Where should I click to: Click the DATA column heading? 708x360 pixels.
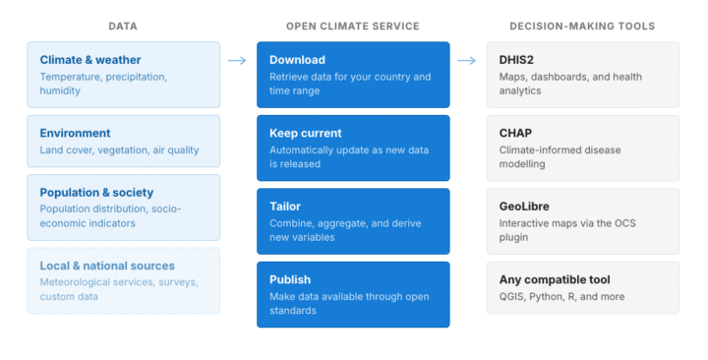[x=123, y=27]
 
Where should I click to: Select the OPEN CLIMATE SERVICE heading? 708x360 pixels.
[x=353, y=27]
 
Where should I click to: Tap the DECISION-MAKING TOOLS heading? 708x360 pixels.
[x=582, y=27]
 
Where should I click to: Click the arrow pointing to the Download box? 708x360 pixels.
[x=237, y=61]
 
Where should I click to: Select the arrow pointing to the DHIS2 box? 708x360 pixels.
[x=466, y=61]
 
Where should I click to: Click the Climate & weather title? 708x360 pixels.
[x=90, y=60]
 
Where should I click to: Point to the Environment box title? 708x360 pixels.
[x=75, y=133]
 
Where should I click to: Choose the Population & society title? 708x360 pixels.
[x=96, y=193]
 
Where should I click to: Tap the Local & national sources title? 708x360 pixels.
[x=107, y=266]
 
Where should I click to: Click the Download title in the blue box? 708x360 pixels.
[x=297, y=60]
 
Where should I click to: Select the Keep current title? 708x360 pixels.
[x=305, y=133]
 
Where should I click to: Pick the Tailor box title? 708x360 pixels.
[x=285, y=206]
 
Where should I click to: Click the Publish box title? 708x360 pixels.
[x=290, y=279]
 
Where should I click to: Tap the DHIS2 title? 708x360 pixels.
[x=516, y=60]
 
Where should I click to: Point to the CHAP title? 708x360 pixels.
[x=515, y=133]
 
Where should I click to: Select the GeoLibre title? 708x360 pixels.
[x=524, y=206]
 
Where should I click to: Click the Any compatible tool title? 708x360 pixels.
[x=555, y=279]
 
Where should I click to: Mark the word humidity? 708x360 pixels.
[x=60, y=90]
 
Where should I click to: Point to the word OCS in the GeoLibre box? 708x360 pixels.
[x=625, y=223]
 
